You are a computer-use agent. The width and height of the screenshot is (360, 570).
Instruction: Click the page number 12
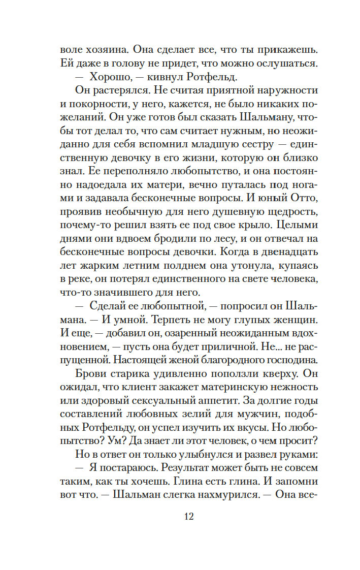point(188,517)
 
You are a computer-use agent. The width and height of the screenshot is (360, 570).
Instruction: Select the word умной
point(144,320)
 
